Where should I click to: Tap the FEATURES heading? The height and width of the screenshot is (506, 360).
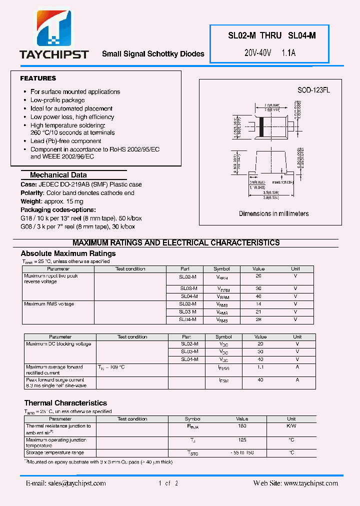point(38,78)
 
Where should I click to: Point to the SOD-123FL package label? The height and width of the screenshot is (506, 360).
point(313,90)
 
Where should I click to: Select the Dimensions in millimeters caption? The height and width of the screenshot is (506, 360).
point(273,213)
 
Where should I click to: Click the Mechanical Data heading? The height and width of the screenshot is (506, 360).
point(58,175)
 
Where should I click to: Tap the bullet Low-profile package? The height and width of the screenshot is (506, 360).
point(57,100)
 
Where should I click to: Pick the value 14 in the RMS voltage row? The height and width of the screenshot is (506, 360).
point(258,304)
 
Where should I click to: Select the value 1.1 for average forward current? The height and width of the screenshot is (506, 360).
point(260,367)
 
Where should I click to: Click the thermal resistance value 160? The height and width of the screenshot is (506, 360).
point(242,426)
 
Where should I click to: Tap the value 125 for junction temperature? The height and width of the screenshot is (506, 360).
point(242,440)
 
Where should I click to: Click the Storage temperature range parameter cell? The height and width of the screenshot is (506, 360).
point(54,452)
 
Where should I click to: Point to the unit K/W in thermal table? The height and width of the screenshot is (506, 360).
point(291,426)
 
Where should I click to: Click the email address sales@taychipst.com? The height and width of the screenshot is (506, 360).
point(65,483)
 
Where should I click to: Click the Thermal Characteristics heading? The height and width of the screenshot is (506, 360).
point(65,403)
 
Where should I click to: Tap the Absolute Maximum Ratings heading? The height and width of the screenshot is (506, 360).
point(68,253)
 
